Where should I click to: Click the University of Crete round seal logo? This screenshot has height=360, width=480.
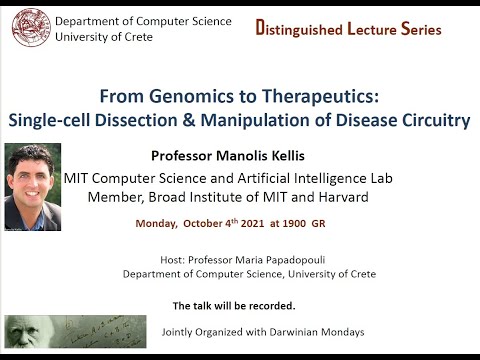tap(30, 29)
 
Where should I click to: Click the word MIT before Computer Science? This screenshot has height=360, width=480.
tap(80, 178)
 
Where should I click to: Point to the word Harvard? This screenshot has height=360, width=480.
tap(340, 197)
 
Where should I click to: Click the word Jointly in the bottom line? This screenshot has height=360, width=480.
tap(180, 330)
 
